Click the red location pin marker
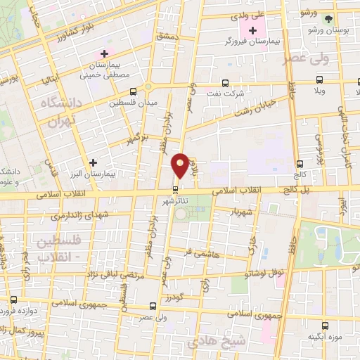pos(181,165)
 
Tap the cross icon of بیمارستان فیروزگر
pos(252,30)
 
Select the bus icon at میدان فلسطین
pos(134,91)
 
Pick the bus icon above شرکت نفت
pos(225,82)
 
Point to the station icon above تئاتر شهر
pos(175,189)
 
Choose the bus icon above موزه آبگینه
pos(325,326)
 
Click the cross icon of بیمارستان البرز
pos(92,162)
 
